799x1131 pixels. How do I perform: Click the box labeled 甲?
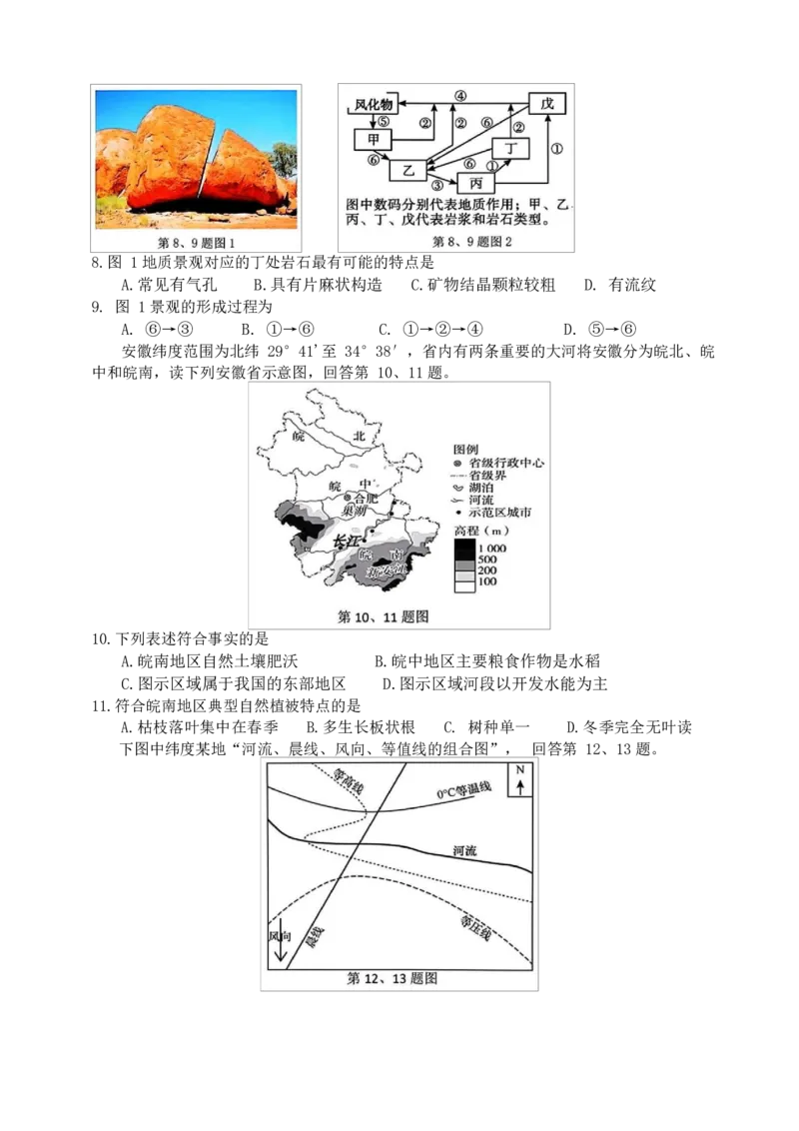pyautogui.click(x=373, y=138)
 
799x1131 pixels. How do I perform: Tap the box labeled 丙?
pyautogui.click(x=475, y=184)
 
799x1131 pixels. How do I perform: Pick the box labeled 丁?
pyautogui.click(x=512, y=149)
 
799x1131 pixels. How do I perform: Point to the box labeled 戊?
pyautogui.click(x=546, y=104)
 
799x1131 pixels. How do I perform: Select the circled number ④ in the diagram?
pyautogui.click(x=460, y=96)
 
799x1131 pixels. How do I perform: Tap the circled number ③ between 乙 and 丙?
pyautogui.click(x=436, y=185)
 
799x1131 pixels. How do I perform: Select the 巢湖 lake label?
pyautogui.click(x=355, y=511)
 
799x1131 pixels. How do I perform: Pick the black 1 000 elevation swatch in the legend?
pyautogui.click(x=465, y=550)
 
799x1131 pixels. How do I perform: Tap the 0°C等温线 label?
pyautogui.click(x=464, y=790)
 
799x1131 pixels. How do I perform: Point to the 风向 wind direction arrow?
pyautogui.click(x=281, y=945)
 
